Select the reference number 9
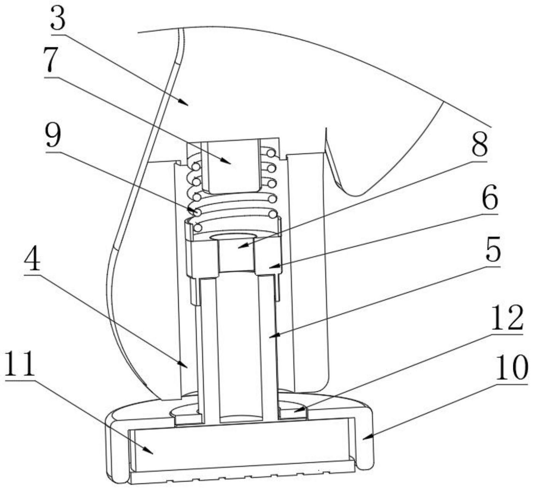tap(53, 136)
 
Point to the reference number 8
tap(479, 145)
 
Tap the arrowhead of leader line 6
tap(269, 267)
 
